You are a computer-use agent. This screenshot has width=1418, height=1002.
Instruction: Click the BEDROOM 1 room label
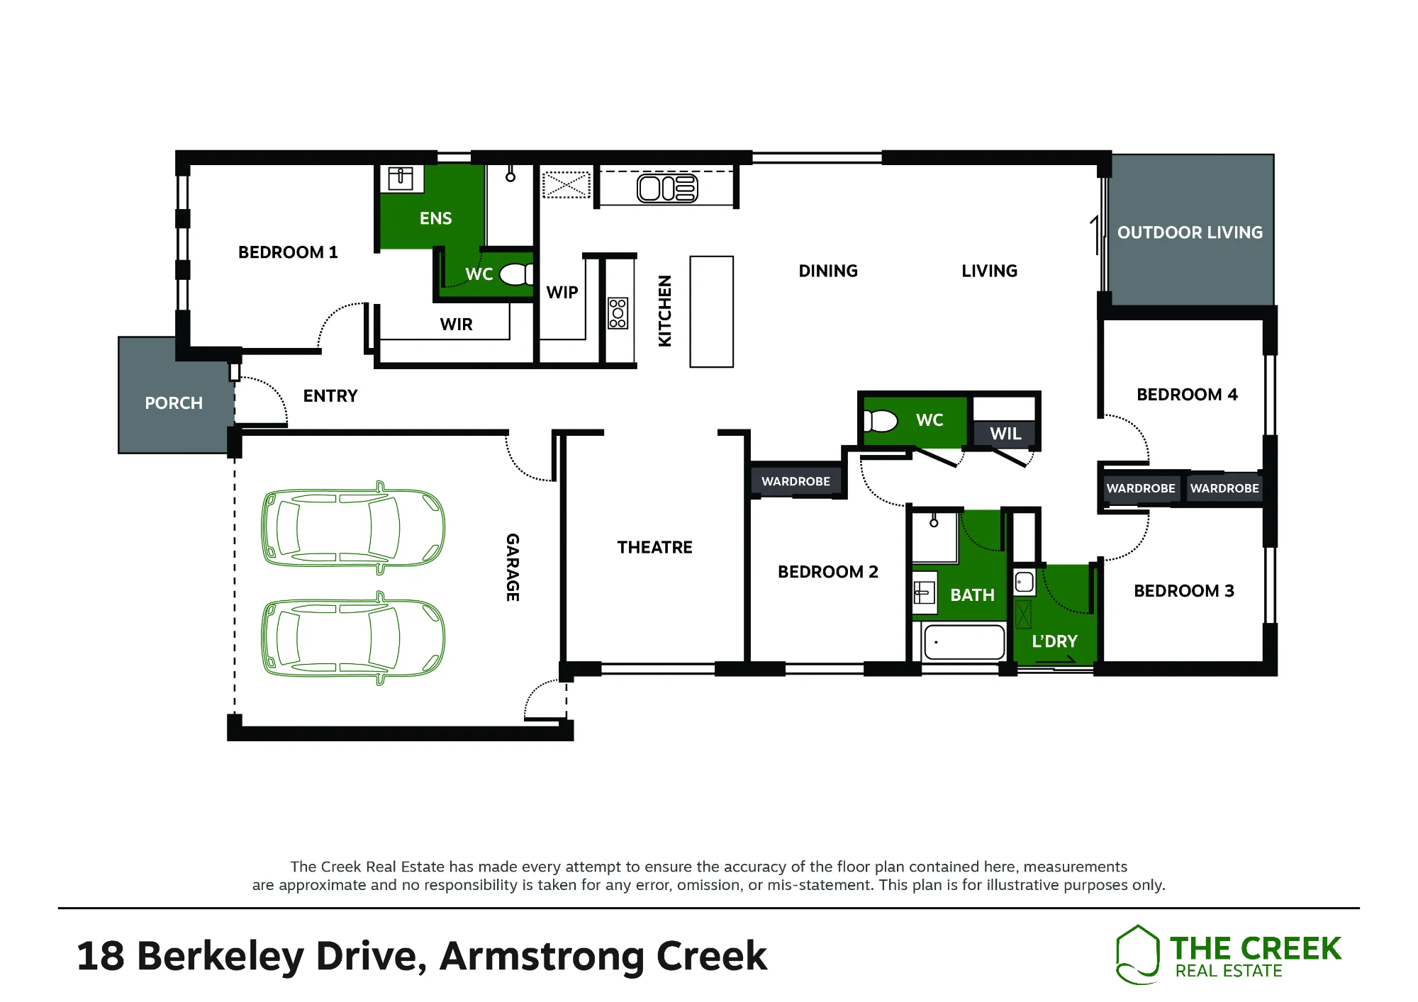coord(288,252)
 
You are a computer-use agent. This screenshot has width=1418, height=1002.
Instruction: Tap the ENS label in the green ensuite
coord(435,218)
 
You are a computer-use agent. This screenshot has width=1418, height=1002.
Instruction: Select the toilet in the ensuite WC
coord(516,274)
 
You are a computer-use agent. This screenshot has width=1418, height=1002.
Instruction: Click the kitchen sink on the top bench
coord(667,188)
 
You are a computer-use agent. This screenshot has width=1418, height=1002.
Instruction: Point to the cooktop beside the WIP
coord(618,313)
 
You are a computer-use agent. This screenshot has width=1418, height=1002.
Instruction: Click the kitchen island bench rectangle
coord(712,312)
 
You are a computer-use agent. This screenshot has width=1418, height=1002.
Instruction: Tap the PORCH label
coord(174,403)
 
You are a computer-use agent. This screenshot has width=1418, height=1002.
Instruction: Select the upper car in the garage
coord(353,528)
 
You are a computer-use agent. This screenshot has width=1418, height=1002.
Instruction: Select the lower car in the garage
coord(353,638)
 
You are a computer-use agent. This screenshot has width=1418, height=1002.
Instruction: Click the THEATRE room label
coord(654,547)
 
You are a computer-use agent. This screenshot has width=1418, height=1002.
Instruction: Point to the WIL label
coord(1005,434)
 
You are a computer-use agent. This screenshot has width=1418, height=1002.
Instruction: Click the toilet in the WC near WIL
coord(881,421)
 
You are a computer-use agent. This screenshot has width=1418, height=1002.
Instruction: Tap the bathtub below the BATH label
coord(964,642)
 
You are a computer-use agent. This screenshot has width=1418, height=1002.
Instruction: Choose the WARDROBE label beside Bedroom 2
coord(795,481)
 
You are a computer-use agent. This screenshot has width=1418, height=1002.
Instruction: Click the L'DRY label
coord(1054,641)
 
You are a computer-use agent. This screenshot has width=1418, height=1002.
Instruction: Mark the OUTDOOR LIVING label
coord(1190,232)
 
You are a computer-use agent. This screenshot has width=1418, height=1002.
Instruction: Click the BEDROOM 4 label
coord(1187,395)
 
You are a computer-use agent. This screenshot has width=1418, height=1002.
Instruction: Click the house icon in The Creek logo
coord(1137,954)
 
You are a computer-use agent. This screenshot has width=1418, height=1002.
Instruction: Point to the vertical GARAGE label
coord(513,567)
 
